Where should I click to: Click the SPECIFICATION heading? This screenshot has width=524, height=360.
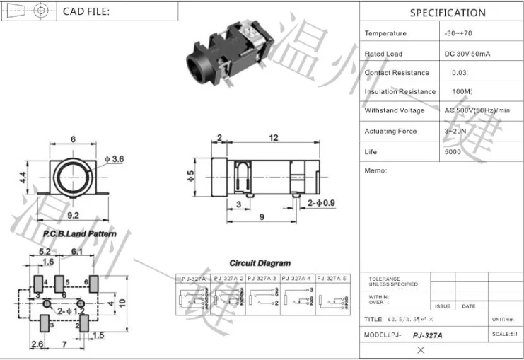pos(448,13)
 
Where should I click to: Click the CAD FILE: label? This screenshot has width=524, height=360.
pos(86,11)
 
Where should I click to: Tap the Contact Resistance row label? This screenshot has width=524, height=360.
pos(397,73)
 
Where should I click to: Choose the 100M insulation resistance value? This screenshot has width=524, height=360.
pos(461,91)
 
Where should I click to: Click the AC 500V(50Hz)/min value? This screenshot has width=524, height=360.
pos(477,110)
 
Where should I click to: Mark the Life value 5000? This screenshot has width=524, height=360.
pos(453,151)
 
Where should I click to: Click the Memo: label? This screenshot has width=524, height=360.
pos(375,171)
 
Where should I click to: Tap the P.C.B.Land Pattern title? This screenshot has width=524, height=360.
pos(80,233)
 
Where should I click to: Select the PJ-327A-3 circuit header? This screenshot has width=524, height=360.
pos(263,279)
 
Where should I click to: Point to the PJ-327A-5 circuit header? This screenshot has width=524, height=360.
pos(334,279)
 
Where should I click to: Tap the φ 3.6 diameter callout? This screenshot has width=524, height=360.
pos(113,160)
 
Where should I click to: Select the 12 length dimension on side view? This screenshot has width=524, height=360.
pos(274,138)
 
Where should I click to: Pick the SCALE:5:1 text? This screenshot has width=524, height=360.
pos(506,334)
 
